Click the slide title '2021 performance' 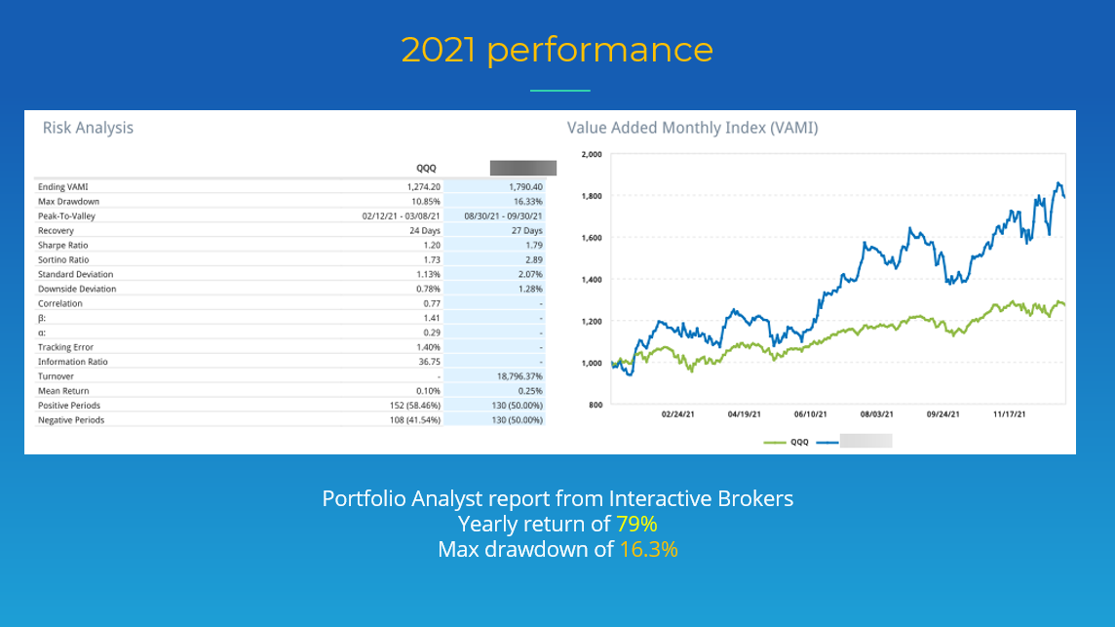click(557, 50)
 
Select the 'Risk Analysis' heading click(88, 128)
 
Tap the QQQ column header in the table click(426, 168)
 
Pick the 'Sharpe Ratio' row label click(62, 245)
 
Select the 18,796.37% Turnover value click(518, 376)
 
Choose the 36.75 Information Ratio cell click(430, 362)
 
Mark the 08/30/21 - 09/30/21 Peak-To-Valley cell click(504, 216)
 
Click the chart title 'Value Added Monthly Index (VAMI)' click(692, 128)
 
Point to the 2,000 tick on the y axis click(592, 154)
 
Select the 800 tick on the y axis click(596, 405)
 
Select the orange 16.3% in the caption click(648, 550)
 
